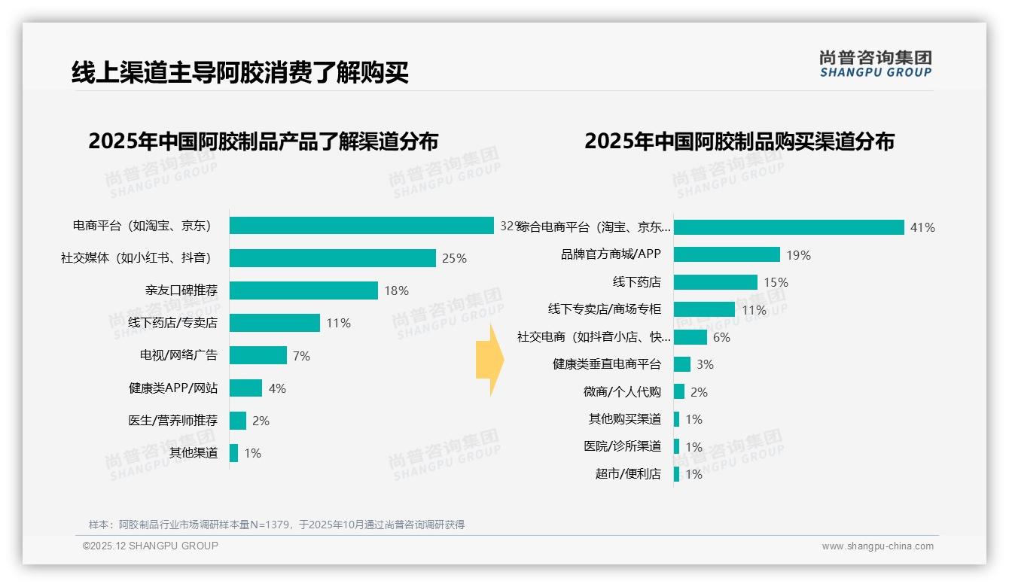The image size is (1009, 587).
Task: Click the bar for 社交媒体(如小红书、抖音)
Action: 332,258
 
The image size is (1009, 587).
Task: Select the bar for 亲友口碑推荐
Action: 303,290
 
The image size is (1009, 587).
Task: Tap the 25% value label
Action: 454,258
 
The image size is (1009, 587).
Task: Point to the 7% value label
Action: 301,356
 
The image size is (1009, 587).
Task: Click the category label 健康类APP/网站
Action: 173,388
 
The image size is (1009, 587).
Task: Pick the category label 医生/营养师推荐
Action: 173,421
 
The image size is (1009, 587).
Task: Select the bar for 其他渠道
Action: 234,453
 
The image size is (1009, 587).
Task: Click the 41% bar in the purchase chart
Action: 788,227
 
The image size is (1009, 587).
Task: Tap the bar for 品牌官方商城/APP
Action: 727,254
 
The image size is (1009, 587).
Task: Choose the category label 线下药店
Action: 637,282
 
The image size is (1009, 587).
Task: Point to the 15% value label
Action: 776,282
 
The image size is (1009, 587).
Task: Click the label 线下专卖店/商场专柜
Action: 605,309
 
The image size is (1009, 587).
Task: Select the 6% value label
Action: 721,337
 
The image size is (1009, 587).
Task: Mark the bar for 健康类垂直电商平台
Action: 682,364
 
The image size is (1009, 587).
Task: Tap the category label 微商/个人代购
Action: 623,392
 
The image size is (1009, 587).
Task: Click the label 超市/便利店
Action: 628,474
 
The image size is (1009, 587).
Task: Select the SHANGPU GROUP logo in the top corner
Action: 875,64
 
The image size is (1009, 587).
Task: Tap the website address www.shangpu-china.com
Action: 877,546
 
